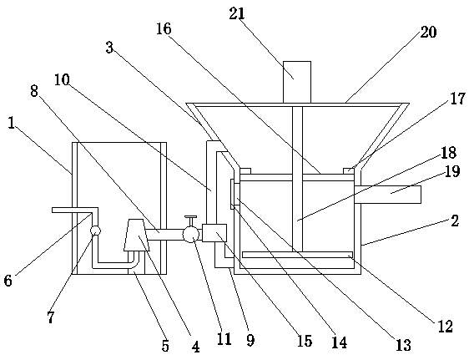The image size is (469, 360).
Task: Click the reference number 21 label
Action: [237, 13]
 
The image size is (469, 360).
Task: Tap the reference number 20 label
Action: [428, 32]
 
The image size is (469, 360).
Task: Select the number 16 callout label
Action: [164, 29]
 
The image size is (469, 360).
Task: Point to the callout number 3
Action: [110, 47]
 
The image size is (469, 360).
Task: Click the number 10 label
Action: [62, 79]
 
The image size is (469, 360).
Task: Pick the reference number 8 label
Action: [34, 91]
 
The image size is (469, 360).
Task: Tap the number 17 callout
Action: [458, 99]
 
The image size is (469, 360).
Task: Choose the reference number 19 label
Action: [452, 172]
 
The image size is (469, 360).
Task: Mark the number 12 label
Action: [445, 326]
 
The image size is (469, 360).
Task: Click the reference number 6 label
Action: [8, 281]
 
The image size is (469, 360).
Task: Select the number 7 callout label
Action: [51, 317]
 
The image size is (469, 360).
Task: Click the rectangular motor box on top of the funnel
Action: [297, 82]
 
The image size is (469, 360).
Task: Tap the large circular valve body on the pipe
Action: [191, 235]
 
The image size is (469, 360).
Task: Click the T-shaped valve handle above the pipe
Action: [190, 221]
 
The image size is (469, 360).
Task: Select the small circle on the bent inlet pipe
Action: [95, 231]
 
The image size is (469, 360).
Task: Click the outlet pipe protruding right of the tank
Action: [387, 195]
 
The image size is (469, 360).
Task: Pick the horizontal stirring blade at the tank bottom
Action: [297, 255]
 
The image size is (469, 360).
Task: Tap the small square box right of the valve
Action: [214, 233]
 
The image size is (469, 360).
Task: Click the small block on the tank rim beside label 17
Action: [349, 171]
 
